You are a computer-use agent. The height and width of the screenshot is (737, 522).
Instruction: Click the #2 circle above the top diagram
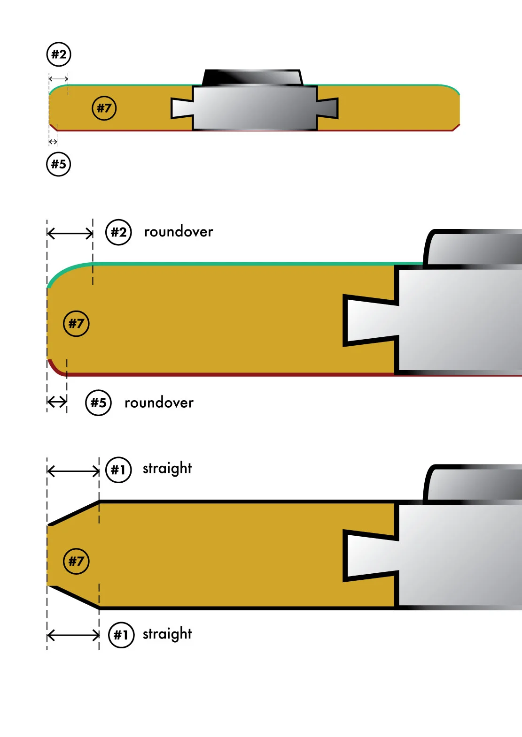pos(59,54)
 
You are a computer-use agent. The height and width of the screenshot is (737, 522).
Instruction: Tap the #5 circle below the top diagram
pos(59,164)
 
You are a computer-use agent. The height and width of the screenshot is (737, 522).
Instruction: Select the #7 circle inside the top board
pos(104,108)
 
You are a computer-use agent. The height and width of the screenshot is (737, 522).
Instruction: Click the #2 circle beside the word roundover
pos(118,232)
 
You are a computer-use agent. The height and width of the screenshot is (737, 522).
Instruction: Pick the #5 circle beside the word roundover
pos(98,403)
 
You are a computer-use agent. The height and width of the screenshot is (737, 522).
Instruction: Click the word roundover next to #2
pos(179,232)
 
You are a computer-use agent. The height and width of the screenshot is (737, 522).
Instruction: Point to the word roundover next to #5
pos(159,403)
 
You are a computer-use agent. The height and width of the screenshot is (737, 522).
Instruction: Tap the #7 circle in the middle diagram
pos(76,323)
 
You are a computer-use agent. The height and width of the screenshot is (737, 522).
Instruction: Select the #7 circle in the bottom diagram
pos(76,561)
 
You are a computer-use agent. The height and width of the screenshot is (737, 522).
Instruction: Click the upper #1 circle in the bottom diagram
pos(118,470)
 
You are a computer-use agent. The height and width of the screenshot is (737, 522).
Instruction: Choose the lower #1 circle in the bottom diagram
pos(121,635)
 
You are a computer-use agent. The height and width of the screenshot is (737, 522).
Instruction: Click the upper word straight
pos(167,469)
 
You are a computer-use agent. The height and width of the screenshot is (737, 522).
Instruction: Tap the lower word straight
pos(167,634)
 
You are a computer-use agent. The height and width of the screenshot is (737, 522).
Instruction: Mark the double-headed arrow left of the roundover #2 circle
pos(70,233)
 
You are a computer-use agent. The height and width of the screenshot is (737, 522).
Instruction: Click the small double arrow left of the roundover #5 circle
pos(57,402)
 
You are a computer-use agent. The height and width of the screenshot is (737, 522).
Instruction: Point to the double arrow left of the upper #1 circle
pos(73,471)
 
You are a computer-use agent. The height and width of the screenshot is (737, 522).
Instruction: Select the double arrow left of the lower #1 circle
pos(73,636)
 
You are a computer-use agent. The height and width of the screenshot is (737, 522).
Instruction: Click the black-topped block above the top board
pos(252,77)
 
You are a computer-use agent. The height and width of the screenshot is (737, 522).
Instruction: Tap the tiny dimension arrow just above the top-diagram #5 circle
pos(53,142)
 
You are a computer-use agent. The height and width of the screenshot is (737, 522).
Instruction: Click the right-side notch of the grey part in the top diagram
pos(327,108)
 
